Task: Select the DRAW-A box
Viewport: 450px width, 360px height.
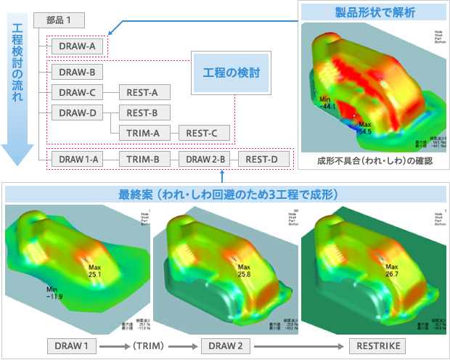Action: (76, 46)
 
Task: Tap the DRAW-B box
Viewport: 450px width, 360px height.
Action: (77, 73)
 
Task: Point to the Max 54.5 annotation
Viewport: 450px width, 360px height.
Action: (364, 128)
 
